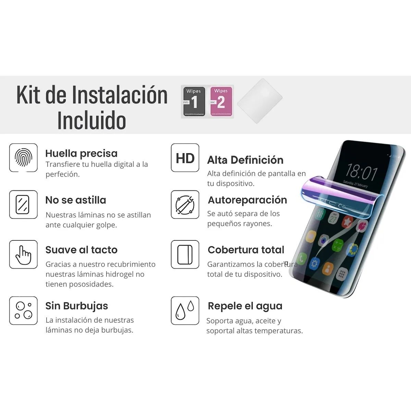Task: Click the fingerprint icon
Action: (x=23, y=158)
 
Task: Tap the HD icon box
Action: (x=185, y=158)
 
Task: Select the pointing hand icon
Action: (x=23, y=254)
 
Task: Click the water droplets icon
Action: (x=185, y=311)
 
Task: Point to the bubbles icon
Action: (x=23, y=311)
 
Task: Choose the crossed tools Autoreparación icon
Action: (x=185, y=204)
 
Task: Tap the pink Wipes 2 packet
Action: (x=221, y=102)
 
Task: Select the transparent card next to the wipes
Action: (x=260, y=101)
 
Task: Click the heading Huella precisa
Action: (x=81, y=153)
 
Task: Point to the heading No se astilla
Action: (x=76, y=200)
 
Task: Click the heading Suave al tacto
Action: (x=81, y=250)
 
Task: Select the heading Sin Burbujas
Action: (x=77, y=306)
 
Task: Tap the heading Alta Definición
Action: (x=245, y=160)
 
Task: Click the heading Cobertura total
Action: (x=246, y=250)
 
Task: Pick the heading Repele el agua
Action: (x=245, y=306)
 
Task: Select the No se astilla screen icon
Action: (x=23, y=204)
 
